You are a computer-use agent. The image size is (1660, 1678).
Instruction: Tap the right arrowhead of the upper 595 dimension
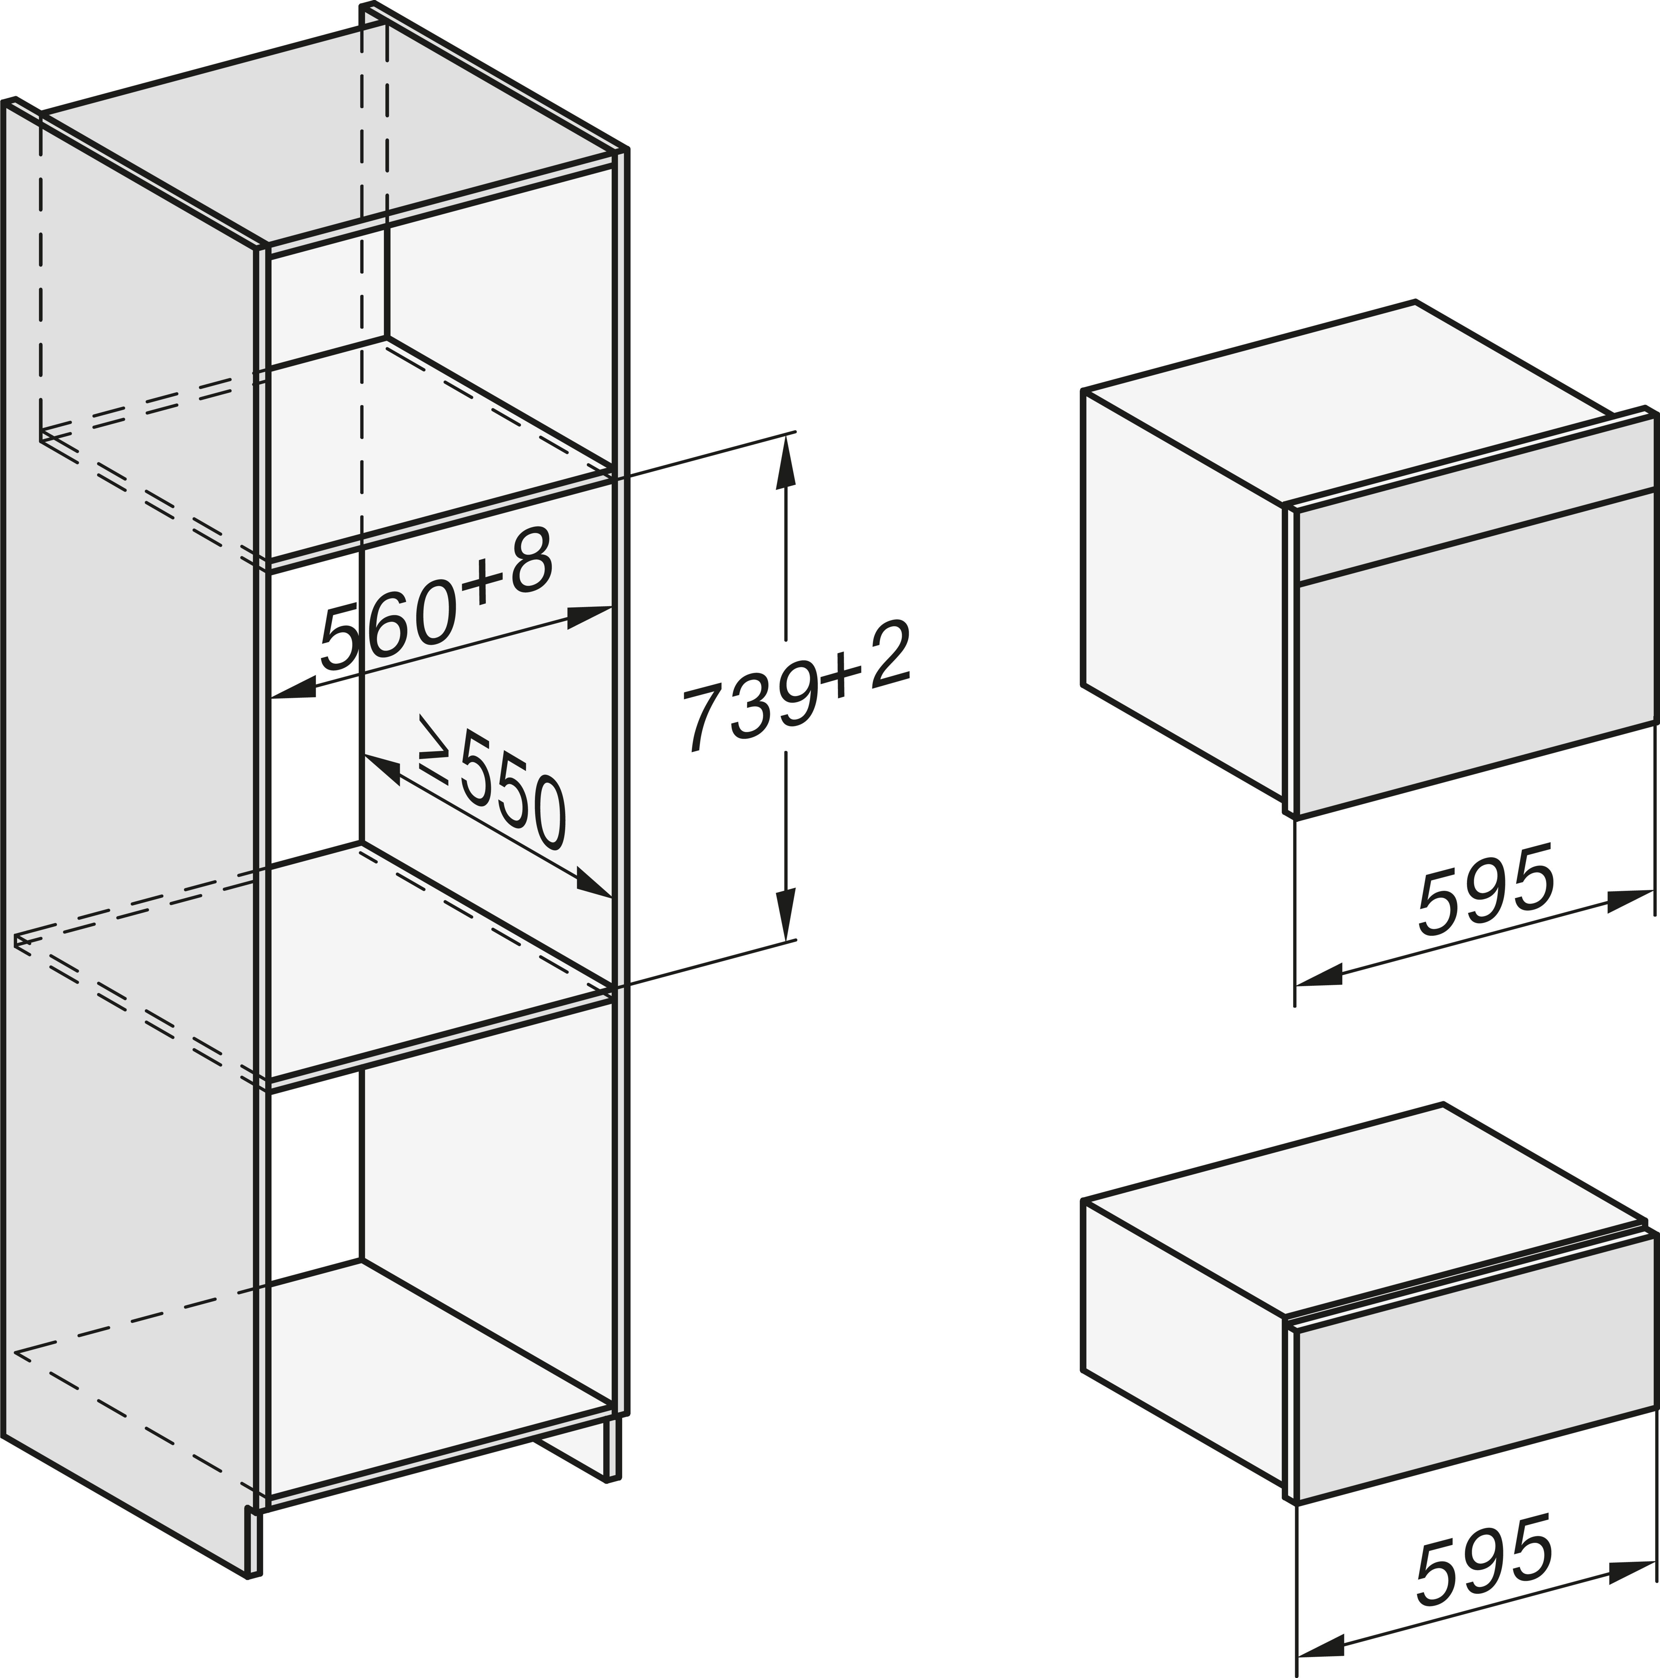pyautogui.click(x=1629, y=901)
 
